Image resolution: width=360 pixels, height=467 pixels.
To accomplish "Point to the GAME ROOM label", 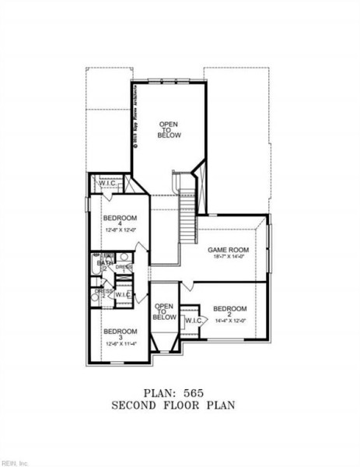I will (226, 250).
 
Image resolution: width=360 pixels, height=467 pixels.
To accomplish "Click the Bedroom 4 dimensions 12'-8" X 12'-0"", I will (121, 230).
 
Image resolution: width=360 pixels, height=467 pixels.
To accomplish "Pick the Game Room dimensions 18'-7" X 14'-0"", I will (226, 257).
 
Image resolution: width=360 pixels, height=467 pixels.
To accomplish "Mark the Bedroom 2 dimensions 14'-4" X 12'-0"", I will (229, 320).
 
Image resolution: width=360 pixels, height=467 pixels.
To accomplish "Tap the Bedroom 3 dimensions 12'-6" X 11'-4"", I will (120, 344).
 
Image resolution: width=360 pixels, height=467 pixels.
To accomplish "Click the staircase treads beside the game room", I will (187, 226).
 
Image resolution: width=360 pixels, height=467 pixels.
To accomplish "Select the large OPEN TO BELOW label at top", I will (170, 129).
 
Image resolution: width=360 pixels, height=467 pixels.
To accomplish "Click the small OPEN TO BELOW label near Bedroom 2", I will (164, 312).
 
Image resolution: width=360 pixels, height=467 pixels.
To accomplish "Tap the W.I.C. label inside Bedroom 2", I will (194, 320).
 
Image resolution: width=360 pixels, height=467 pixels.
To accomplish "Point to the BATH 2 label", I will (103, 265).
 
